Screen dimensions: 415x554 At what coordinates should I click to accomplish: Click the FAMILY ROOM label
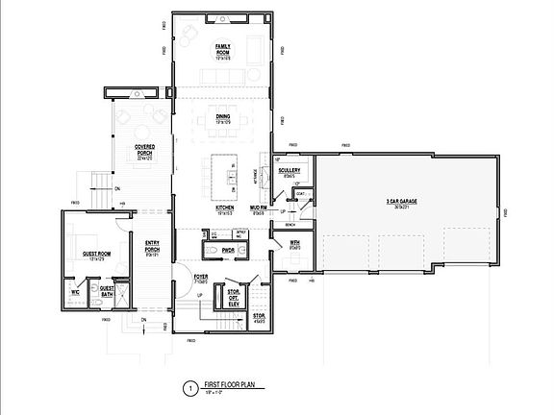223,49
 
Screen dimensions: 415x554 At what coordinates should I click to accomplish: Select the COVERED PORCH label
144,152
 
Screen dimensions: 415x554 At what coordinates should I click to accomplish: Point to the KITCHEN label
225,209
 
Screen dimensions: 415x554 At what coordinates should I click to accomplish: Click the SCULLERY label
290,171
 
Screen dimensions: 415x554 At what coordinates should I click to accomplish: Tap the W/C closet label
74,291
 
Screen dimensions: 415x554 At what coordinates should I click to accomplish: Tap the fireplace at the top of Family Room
224,19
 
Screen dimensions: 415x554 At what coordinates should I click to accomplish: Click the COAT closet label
300,193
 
